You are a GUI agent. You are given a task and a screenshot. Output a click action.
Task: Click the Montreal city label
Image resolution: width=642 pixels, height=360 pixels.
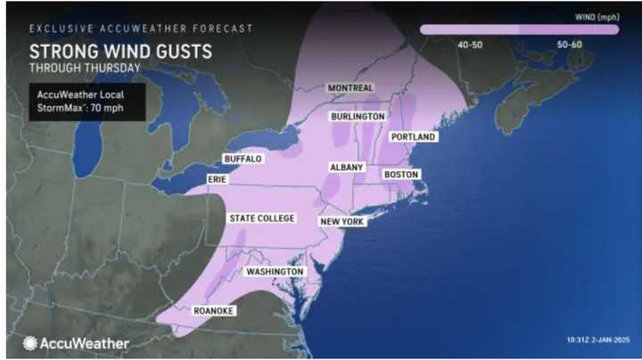350,88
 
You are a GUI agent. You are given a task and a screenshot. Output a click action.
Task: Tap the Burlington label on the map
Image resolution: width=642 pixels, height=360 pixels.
358,117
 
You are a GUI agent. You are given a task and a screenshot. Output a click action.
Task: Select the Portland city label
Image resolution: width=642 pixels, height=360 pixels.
413,137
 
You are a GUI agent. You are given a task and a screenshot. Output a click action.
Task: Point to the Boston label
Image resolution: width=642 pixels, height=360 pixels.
400,175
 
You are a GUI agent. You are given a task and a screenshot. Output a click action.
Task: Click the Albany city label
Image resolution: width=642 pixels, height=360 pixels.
345,168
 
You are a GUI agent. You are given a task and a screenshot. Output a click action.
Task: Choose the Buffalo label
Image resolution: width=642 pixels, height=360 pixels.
243,159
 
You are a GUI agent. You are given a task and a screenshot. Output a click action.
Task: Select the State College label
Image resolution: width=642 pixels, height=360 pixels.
261,218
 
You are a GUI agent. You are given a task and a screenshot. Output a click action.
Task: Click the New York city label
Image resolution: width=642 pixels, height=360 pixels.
342,221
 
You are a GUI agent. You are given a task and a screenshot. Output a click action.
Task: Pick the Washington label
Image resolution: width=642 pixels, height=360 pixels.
275,272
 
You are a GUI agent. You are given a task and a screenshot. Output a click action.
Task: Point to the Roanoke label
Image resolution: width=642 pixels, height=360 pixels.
215,311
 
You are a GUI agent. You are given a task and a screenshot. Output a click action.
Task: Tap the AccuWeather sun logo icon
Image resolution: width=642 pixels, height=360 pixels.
30,343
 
